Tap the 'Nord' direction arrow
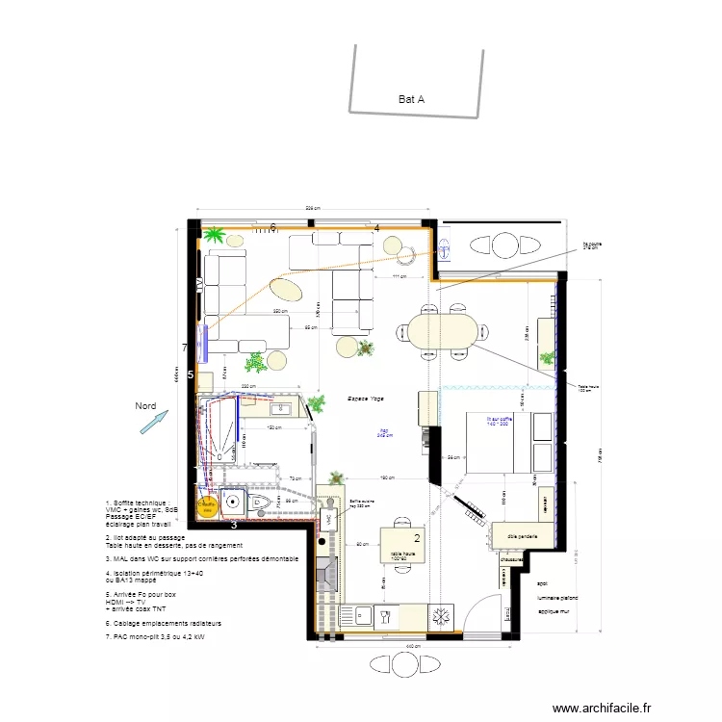[x=153, y=422]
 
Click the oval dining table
[x=436, y=330]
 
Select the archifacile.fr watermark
[x=603, y=707]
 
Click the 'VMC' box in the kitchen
[x=328, y=518]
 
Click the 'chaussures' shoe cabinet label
[x=511, y=559]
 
